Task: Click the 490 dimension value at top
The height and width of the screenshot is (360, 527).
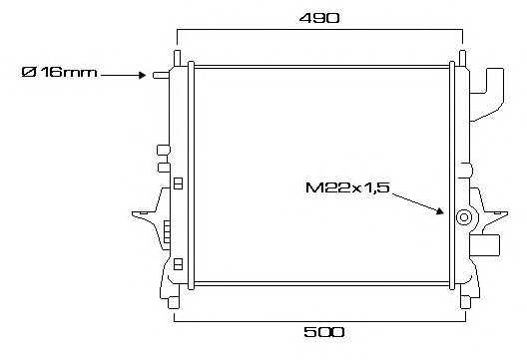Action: coord(319,18)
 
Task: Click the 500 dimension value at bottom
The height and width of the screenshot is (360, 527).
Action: coord(324,332)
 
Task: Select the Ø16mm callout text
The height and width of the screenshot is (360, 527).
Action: coord(59,72)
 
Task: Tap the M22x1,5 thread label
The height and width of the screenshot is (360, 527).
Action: coord(347,187)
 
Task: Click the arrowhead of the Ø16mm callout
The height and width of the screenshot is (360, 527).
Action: coord(142,75)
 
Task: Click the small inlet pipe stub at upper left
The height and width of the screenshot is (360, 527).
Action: coord(161,75)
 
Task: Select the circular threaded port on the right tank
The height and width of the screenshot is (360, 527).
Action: coord(464,217)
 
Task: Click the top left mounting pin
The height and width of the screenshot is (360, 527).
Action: coord(177,58)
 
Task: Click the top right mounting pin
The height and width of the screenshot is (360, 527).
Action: coord(462,58)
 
